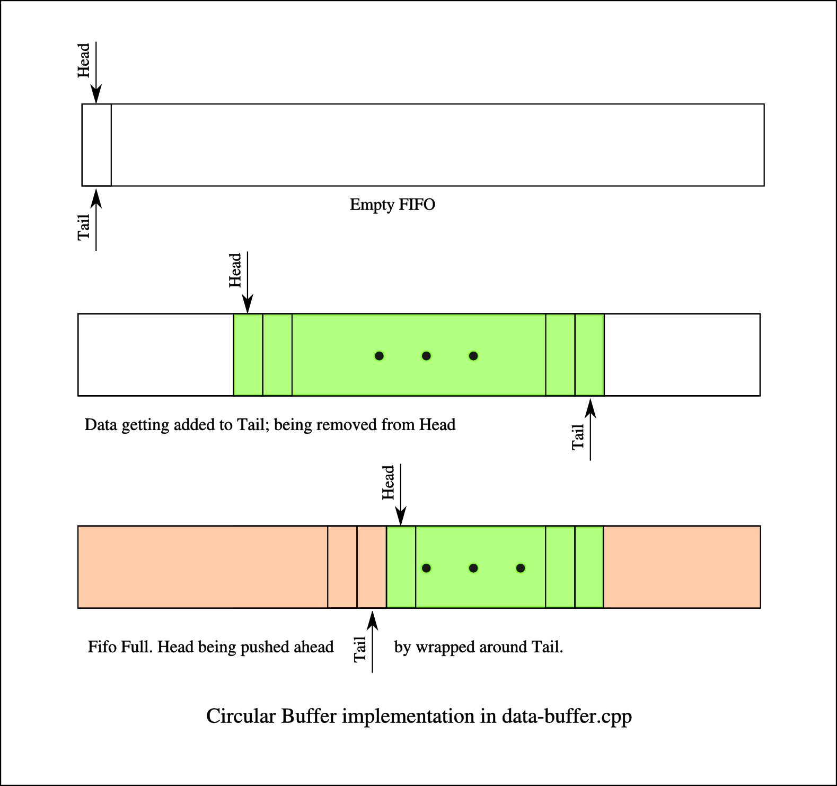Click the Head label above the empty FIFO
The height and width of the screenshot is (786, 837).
(84, 60)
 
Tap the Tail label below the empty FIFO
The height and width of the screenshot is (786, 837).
(84, 227)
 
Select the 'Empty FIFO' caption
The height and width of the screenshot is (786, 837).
(392, 205)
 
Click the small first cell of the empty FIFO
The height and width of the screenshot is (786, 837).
(96, 145)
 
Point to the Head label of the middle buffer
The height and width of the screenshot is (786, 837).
(235, 270)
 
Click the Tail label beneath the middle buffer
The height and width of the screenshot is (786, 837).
(578, 437)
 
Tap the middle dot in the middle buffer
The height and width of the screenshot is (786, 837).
(426, 356)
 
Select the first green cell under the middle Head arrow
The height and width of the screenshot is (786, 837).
(248, 355)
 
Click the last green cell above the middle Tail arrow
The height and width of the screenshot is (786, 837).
(589, 355)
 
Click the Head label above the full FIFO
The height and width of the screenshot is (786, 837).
(389, 483)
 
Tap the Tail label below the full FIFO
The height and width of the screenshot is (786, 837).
(360, 649)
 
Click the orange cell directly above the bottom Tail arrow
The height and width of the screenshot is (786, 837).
(372, 567)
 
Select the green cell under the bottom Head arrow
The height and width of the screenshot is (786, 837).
(401, 567)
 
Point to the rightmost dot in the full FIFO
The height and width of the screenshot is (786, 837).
(521, 568)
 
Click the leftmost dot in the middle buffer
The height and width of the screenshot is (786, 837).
(379, 356)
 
